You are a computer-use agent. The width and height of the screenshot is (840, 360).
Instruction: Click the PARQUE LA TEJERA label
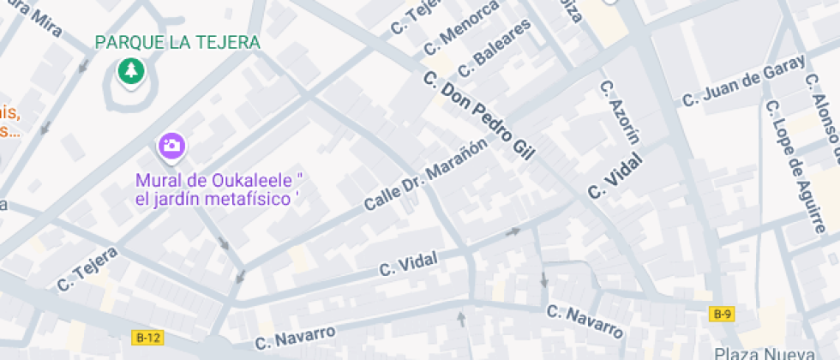[178, 42]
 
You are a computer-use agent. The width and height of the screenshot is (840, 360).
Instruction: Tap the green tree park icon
[131, 72]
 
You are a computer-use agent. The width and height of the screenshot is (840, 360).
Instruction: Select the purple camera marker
[171, 145]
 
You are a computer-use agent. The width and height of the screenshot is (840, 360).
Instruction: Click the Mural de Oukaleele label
[221, 189]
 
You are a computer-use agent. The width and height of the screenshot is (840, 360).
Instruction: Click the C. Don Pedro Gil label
[479, 117]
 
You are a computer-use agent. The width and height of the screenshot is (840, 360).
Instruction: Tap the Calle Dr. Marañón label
[425, 175]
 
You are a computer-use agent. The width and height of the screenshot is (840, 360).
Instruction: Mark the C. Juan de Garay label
[743, 81]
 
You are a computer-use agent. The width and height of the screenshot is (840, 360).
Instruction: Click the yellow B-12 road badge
[147, 338]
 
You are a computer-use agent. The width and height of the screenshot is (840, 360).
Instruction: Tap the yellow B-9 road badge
[722, 315]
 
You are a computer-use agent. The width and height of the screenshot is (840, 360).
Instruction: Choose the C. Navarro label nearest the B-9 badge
[585, 321]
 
